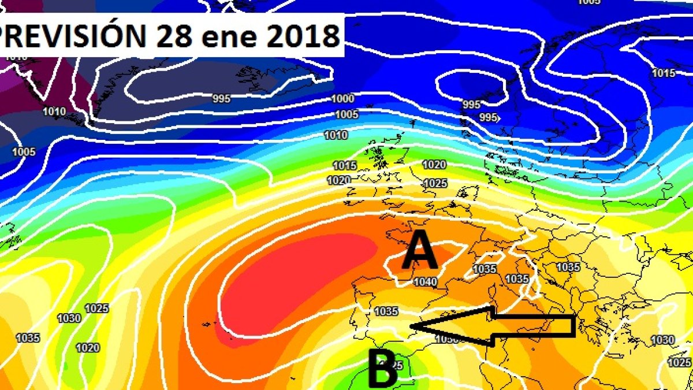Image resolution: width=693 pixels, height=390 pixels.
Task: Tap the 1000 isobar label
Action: pyautogui.click(x=343, y=99)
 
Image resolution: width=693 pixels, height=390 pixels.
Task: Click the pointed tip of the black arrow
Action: pyautogui.click(x=411, y=328)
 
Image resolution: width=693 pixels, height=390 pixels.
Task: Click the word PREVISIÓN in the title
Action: pyautogui.click(x=73, y=36)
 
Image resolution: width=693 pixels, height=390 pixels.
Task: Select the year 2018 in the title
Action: pyautogui.click(x=303, y=36)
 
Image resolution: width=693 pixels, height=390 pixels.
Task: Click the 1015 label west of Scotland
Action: pyautogui.click(x=345, y=166)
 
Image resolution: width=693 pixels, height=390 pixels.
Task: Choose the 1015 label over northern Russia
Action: pyautogui.click(x=664, y=73)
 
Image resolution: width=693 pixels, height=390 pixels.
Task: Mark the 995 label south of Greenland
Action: pyautogui.click(x=221, y=99)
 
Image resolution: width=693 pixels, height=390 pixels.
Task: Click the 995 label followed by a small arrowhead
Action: pyautogui.click(x=489, y=117)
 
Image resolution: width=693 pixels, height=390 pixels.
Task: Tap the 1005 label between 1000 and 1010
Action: pyautogui.click(x=346, y=114)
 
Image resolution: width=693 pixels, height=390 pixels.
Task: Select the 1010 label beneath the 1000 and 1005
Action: pyautogui.click(x=336, y=135)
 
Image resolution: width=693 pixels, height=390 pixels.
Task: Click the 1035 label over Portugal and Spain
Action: pyautogui.click(x=386, y=311)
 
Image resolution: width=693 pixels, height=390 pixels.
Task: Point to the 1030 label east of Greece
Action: pyautogui.click(x=662, y=340)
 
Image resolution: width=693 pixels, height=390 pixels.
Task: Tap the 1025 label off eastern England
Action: pyautogui.click(x=435, y=183)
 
